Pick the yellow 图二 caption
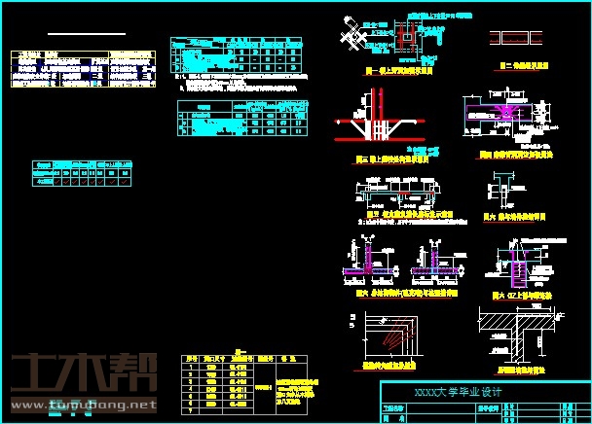[514, 65]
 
